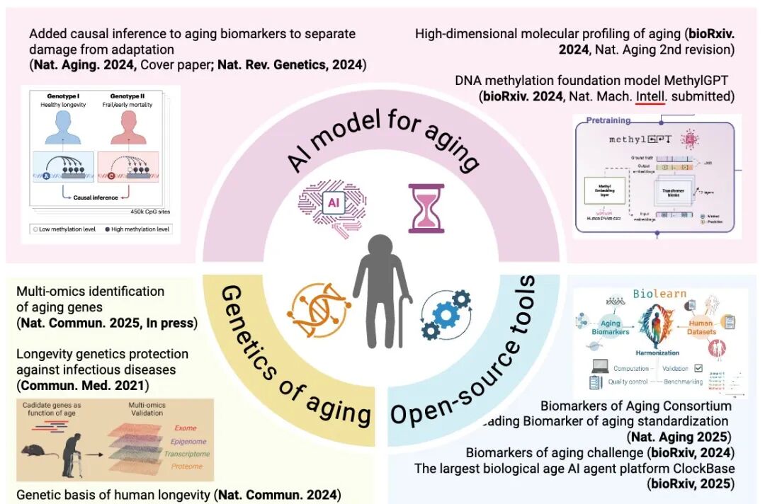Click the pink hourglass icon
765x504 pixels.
pos(426,208)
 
